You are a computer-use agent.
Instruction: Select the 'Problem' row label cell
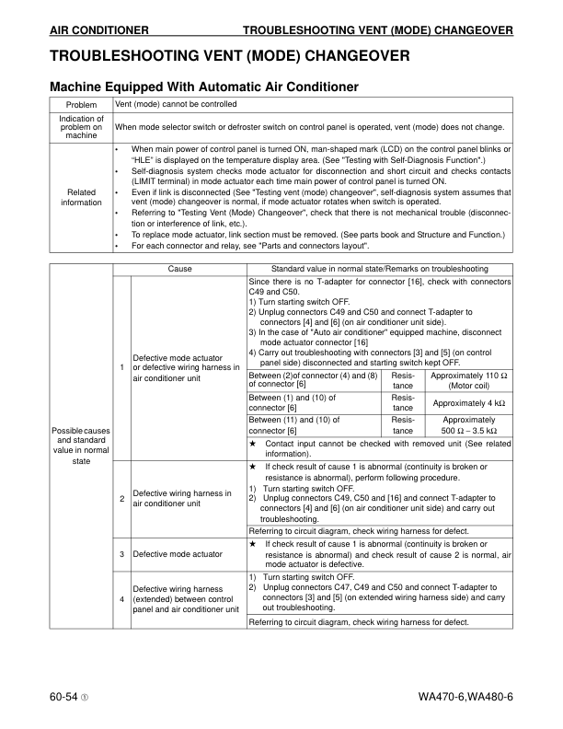(x=81, y=105)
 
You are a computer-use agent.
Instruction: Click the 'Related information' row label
(x=81, y=197)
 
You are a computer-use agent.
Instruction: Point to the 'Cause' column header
(x=180, y=269)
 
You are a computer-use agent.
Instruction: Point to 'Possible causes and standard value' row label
(x=81, y=445)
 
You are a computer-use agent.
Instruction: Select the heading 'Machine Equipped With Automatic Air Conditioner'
(x=203, y=87)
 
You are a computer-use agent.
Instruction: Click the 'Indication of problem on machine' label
(x=81, y=127)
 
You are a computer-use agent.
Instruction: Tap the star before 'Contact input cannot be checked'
(x=253, y=444)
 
